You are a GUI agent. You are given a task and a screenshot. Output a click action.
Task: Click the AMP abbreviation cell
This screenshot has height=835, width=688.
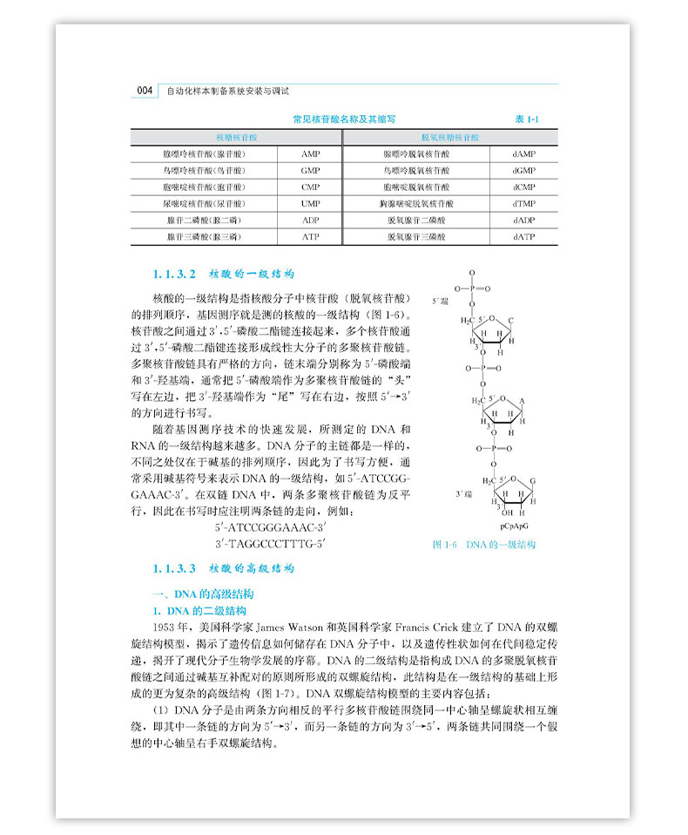click(311, 153)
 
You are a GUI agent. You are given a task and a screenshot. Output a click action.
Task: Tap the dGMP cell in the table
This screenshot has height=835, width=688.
click(523, 170)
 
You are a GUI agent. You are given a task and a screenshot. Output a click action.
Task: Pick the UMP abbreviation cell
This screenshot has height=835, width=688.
click(311, 203)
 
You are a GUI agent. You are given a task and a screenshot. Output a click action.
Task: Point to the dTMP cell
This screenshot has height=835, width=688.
click(523, 203)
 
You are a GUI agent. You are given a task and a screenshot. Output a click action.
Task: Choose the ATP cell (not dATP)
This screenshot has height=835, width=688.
click(311, 236)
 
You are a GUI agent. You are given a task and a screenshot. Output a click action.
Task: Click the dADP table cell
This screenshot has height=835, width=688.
click(523, 220)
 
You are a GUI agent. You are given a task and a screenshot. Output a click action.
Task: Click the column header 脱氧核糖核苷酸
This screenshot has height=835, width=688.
click(449, 138)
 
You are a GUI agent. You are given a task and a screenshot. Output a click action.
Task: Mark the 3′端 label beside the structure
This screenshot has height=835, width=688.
click(463, 493)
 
